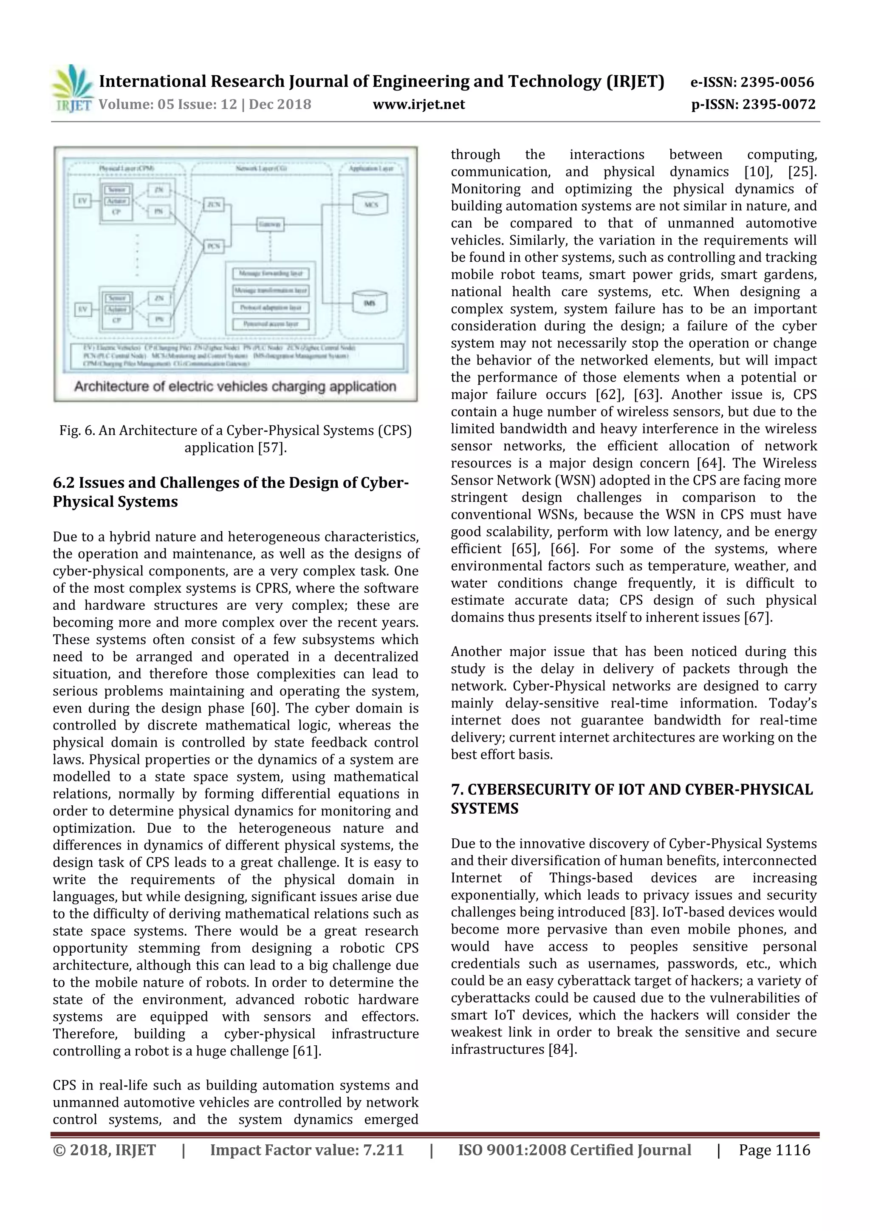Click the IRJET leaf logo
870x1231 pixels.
click(72, 86)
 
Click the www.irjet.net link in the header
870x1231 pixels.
click(419, 105)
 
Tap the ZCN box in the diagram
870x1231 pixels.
click(214, 204)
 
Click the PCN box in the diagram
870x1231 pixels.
click(214, 246)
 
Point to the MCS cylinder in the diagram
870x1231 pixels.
click(370, 205)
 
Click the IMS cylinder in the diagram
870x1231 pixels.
click(370, 303)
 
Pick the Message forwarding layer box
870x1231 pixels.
click(271, 273)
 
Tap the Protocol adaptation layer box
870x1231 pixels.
click(271, 307)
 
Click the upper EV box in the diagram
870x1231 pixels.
click(82, 201)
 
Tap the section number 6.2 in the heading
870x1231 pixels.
click(64, 483)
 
